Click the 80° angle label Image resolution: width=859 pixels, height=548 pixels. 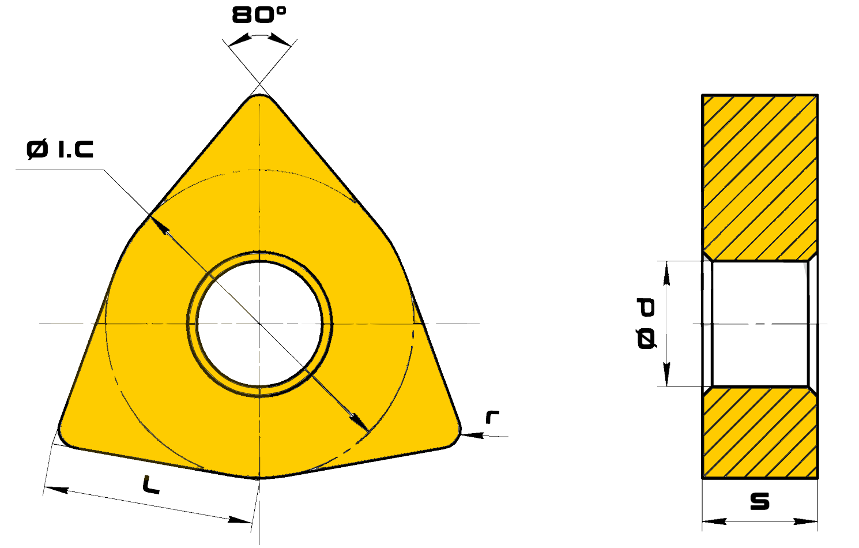[x=259, y=16]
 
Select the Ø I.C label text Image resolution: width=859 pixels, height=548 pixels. [x=60, y=149]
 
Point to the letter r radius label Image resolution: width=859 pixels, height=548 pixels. [x=492, y=417]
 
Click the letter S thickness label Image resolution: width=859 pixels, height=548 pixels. [x=760, y=502]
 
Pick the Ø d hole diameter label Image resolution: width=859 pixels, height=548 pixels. [x=646, y=323]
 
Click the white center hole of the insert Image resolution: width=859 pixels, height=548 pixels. [x=259, y=324]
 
